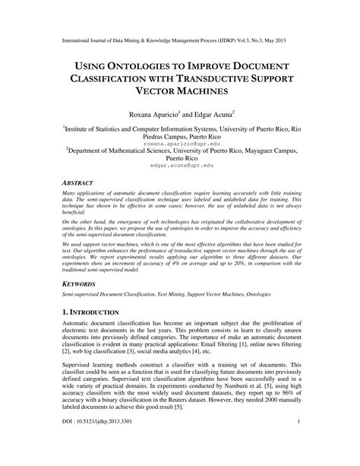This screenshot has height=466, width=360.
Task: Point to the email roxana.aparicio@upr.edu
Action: coord(180,143)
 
